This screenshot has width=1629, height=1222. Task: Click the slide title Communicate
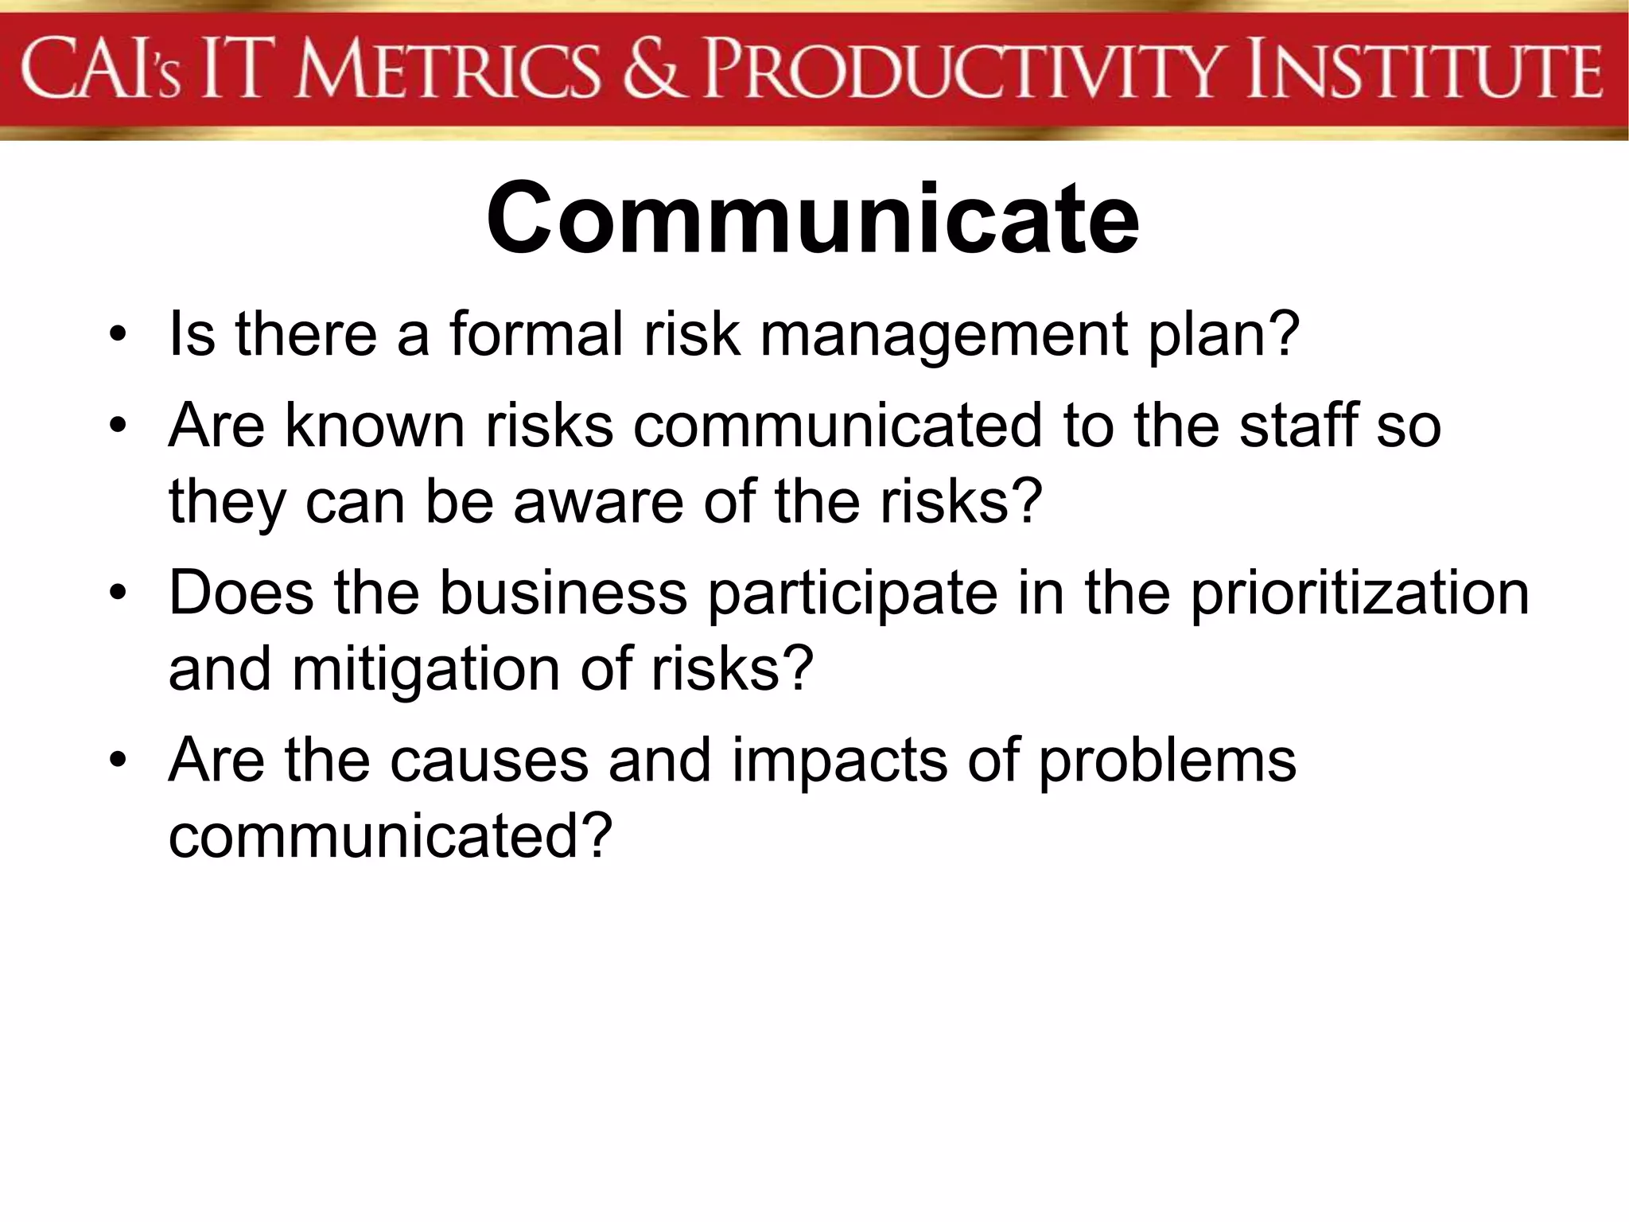pyautogui.click(x=812, y=219)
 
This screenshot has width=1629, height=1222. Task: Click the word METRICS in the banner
pyautogui.click(x=446, y=70)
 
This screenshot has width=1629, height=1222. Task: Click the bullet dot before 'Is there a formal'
pyautogui.click(x=119, y=335)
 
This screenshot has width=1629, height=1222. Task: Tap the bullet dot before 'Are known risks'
pyautogui.click(x=119, y=426)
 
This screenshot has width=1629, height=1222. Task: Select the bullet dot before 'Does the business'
pyautogui.click(x=119, y=593)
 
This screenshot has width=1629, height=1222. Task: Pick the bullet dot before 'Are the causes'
pyautogui.click(x=119, y=761)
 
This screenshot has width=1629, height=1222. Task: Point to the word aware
pyautogui.click(x=598, y=503)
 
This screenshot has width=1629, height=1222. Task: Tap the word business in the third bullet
pyautogui.click(x=563, y=593)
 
